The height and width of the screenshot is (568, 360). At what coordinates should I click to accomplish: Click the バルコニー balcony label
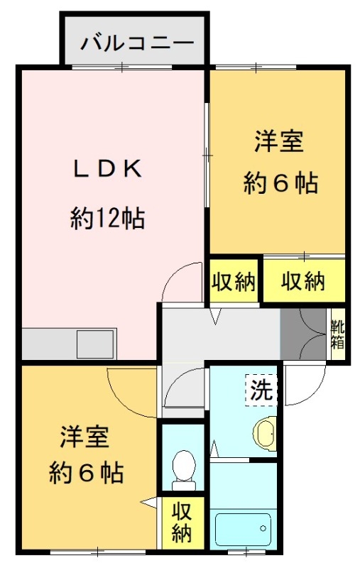137,43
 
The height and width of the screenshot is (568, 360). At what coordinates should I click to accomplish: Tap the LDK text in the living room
107,169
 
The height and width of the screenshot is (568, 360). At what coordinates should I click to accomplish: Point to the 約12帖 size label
107,218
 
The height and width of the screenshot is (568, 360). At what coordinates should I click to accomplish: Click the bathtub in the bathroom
243,530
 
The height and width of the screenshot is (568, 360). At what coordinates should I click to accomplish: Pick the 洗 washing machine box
261,390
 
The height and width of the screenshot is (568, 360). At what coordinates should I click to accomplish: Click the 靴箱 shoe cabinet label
337,334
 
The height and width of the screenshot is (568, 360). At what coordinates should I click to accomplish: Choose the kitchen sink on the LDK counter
96,344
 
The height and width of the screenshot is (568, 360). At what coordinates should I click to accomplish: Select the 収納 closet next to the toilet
182,521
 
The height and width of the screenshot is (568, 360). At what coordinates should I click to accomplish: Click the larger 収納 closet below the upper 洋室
303,280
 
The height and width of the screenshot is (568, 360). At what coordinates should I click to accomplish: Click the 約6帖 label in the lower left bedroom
86,472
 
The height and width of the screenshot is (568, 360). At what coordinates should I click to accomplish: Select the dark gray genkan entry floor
303,334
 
